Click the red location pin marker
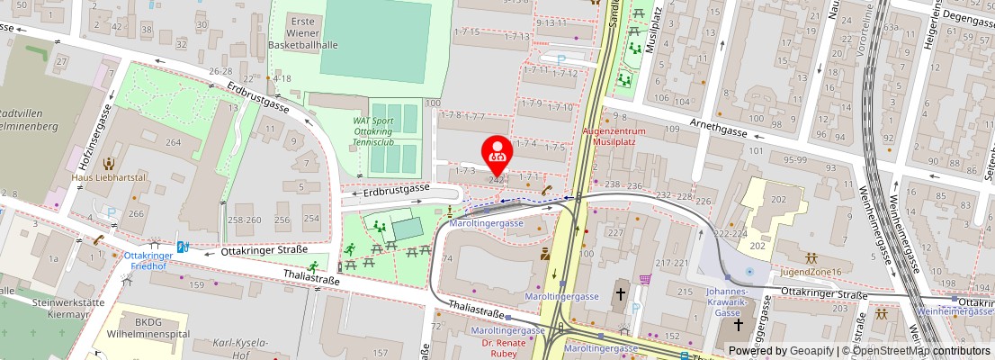[x=497, y=154]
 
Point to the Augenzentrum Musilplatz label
[x=622, y=136]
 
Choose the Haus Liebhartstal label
[x=108, y=178]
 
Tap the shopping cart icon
[x=645, y=279]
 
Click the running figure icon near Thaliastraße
[x=313, y=265]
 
